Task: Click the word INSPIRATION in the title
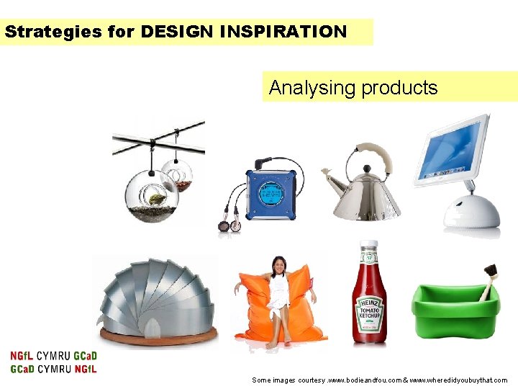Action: tap(283, 32)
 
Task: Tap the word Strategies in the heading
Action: tap(53, 32)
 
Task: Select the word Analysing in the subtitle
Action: tap(312, 88)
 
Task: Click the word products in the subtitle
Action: tap(399, 89)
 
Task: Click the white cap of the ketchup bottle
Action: tap(368, 244)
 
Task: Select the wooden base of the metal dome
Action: tap(158, 336)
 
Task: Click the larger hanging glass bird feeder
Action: tap(152, 196)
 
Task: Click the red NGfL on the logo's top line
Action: tap(22, 356)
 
